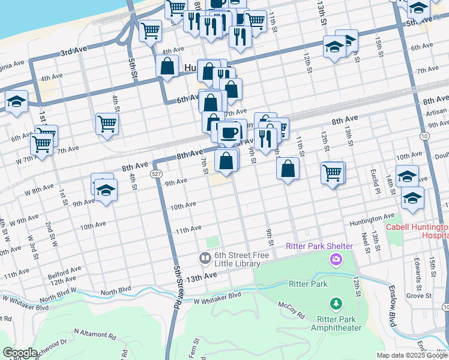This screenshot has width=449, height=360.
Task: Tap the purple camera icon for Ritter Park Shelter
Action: (336, 259)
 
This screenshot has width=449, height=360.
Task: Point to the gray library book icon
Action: (205, 259)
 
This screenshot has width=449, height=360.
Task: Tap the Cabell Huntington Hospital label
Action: (417, 232)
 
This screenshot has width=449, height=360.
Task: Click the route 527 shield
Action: (156, 173)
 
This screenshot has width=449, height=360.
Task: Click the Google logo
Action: (20, 352)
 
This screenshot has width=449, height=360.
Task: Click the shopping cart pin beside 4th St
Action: (107, 124)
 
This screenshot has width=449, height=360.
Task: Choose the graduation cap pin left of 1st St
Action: (16, 102)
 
